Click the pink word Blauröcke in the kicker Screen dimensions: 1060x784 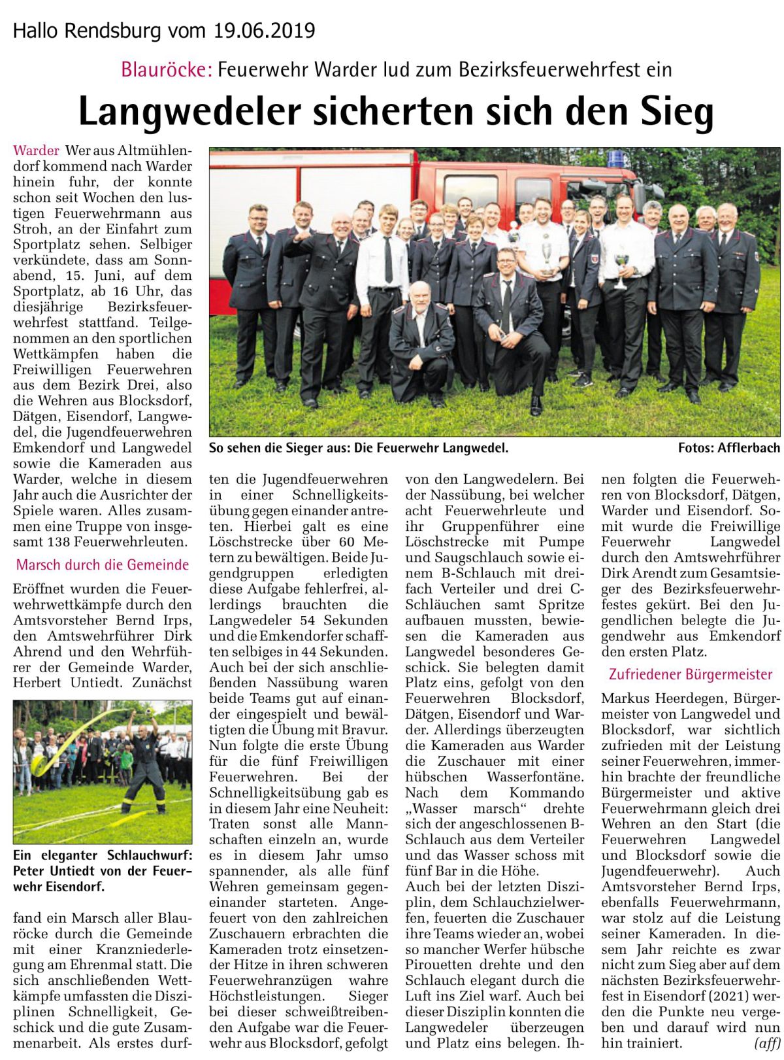pyautogui.click(x=166, y=69)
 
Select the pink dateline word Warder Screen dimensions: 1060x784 pyautogui.click(x=36, y=151)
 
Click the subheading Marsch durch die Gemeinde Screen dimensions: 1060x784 pyautogui.click(x=103, y=565)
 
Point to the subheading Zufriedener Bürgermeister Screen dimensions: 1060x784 pyautogui.click(x=691, y=674)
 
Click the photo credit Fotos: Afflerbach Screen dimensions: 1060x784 pyautogui.click(x=728, y=448)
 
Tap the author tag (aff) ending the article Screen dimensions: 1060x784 pyautogui.click(x=767, y=1043)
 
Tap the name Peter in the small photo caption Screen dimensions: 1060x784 pyautogui.click(x=29, y=871)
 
